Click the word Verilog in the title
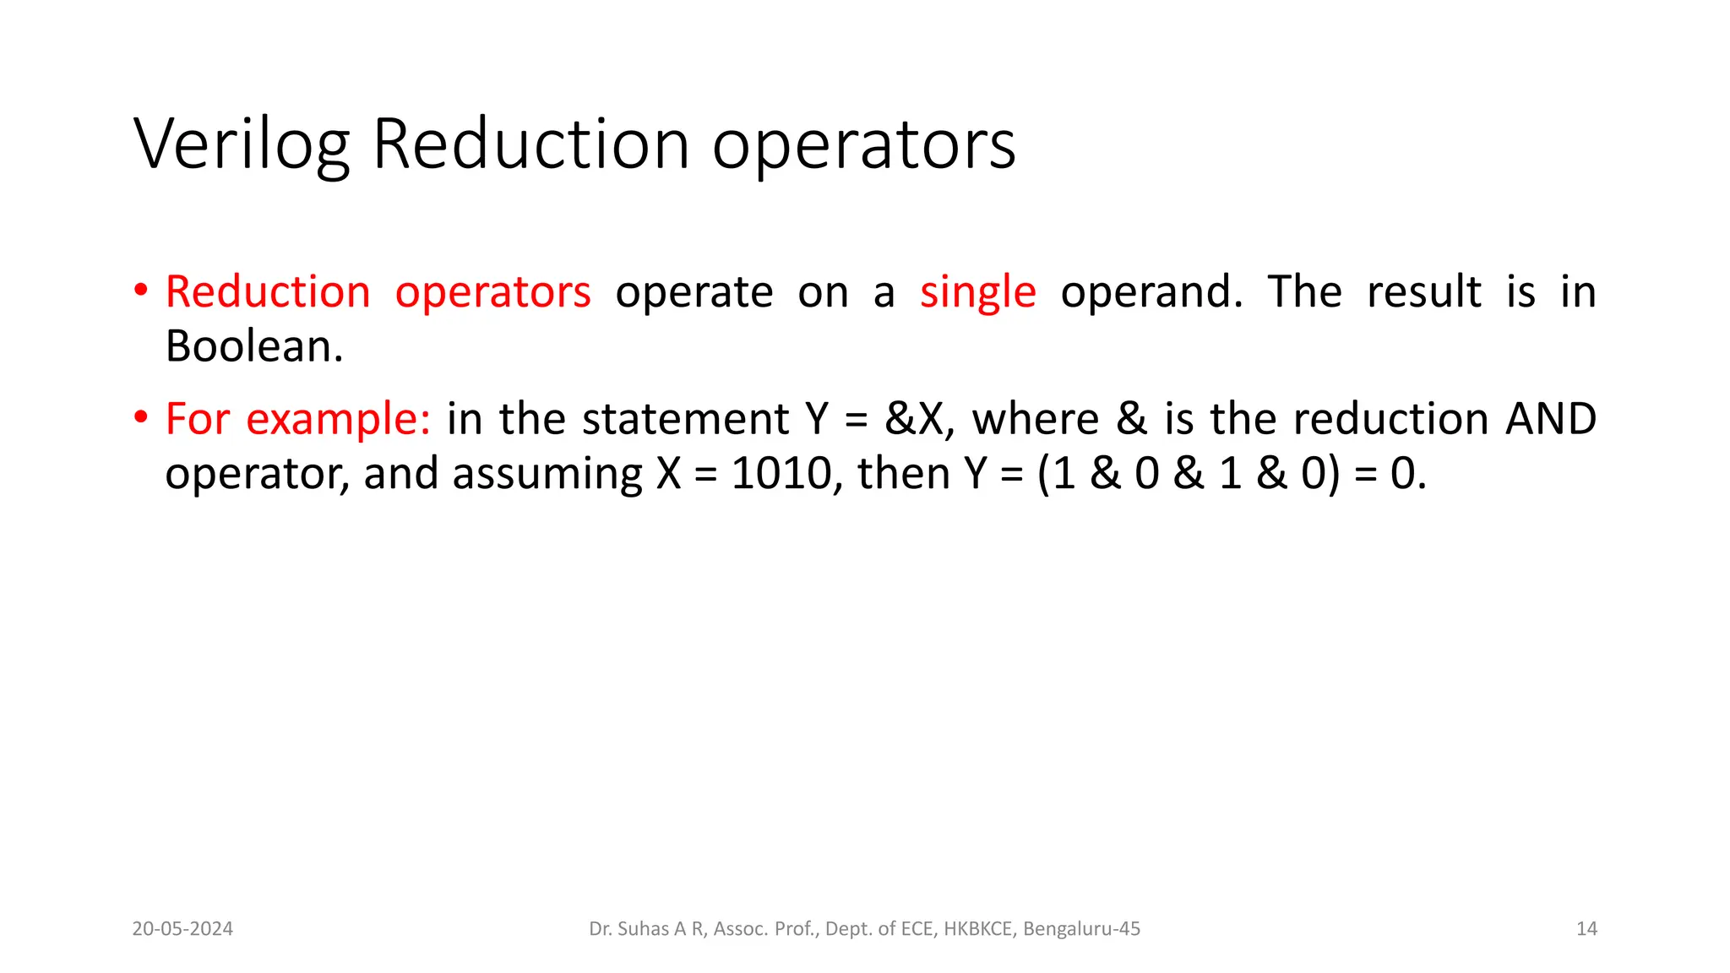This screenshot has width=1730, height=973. [x=242, y=145]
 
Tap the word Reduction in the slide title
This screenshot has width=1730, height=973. [x=530, y=145]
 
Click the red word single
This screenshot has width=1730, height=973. [x=977, y=293]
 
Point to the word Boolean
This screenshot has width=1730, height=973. [x=253, y=346]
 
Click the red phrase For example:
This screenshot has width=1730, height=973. [x=297, y=419]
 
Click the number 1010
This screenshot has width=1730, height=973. [x=781, y=473]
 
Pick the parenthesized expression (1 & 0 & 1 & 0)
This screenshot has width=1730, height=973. [x=1189, y=473]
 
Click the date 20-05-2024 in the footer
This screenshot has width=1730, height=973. [x=182, y=929]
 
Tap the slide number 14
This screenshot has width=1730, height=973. [x=1586, y=929]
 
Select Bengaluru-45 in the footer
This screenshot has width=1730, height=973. [x=1081, y=929]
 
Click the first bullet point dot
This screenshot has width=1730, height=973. [x=141, y=291]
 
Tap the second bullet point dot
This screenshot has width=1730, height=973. [x=141, y=418]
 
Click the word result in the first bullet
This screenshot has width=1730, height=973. [x=1423, y=293]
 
